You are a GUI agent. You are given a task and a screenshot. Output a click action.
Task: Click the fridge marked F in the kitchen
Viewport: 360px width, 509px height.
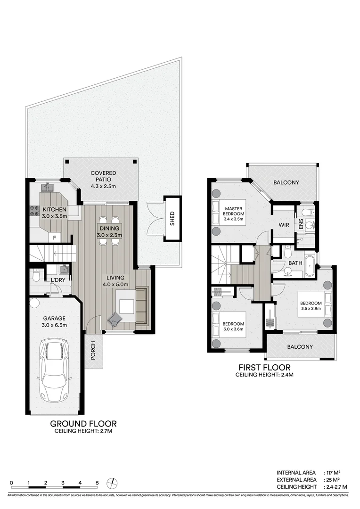click(55, 238)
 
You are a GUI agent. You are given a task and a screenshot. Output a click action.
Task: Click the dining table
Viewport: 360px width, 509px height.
click(109, 230)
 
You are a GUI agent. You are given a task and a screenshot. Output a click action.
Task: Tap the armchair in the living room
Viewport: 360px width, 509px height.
click(115, 320)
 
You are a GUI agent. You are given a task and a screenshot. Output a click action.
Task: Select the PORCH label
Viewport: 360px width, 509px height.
click(93, 351)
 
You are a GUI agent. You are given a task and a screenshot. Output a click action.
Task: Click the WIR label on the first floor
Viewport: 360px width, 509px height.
click(284, 225)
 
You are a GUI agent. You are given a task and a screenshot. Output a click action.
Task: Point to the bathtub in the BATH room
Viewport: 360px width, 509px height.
click(310, 267)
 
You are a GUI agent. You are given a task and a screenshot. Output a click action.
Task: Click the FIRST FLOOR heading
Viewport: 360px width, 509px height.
click(264, 367)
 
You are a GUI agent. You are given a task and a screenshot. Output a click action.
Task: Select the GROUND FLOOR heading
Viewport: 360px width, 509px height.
click(83, 423)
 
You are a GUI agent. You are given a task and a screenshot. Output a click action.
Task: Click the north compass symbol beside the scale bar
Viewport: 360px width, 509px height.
click(113, 483)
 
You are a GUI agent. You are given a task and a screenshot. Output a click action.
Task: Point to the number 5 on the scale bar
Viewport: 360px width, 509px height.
click(97, 483)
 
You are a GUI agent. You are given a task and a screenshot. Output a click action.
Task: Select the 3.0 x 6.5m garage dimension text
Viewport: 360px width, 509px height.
click(55, 325)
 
